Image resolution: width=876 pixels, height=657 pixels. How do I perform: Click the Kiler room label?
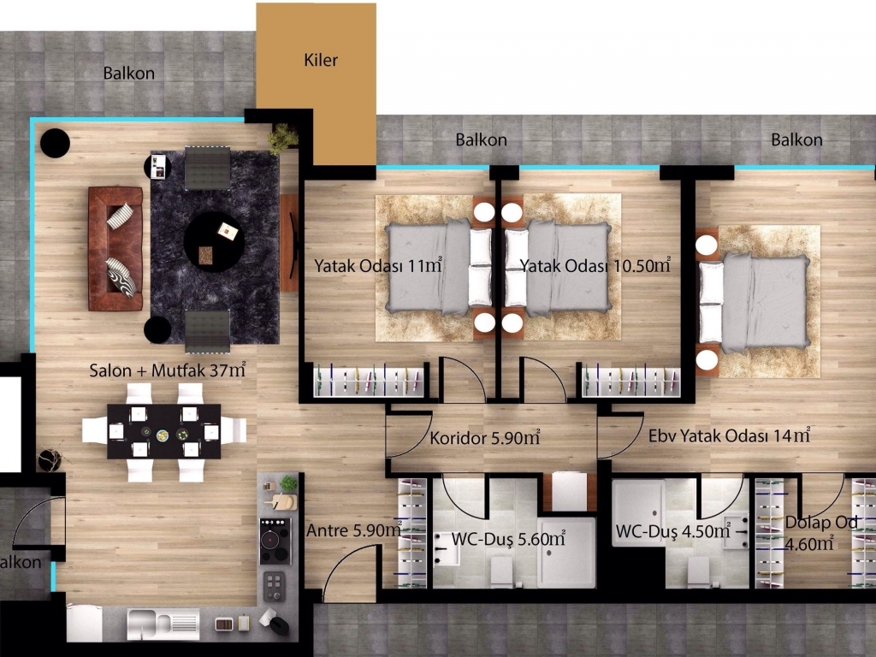point(321,60)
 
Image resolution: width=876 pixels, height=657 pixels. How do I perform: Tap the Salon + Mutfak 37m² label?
point(168,370)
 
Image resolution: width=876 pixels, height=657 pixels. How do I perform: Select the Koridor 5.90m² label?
point(485,437)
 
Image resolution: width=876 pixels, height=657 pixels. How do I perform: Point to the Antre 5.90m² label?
point(354,530)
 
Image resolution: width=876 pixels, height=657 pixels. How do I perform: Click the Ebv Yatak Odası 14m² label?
point(729,435)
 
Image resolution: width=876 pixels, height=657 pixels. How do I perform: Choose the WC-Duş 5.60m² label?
point(508,539)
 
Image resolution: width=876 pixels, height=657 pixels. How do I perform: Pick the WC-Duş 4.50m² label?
point(672,530)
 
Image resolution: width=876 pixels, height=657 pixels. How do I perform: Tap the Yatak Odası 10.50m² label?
point(595,265)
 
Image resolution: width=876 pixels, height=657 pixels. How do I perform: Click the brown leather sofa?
point(115,249)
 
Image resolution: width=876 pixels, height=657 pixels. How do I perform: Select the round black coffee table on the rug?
point(214,241)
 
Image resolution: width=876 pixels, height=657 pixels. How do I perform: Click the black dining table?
point(163,431)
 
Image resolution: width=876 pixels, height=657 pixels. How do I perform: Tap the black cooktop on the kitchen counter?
point(275,541)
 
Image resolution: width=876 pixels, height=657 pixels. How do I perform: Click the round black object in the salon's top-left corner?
point(56,143)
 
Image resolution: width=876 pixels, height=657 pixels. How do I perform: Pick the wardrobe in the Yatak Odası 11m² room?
point(368,381)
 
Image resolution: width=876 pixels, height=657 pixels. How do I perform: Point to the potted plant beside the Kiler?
point(282,138)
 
